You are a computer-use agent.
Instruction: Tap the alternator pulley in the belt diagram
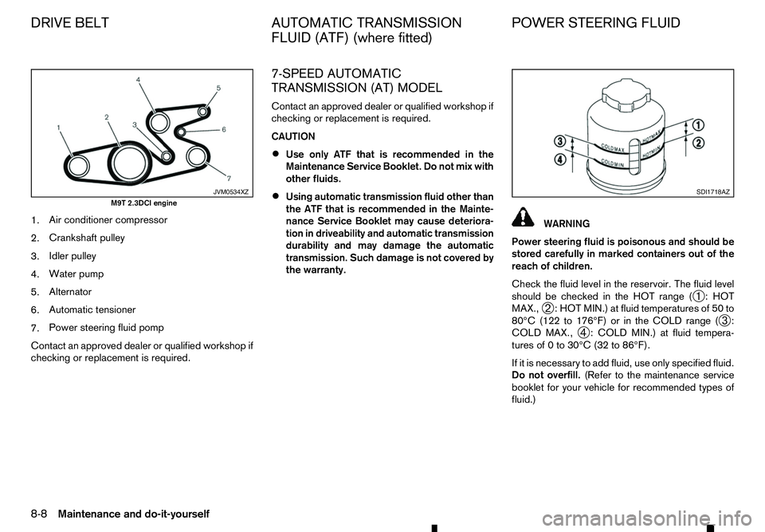(x=206, y=108)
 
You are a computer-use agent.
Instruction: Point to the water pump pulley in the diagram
(x=159, y=121)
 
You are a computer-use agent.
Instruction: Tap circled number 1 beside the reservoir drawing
(x=697, y=124)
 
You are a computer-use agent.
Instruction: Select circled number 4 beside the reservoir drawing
(x=560, y=159)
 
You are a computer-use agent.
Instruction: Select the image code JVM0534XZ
(x=230, y=191)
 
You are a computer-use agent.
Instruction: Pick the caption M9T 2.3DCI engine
(x=143, y=203)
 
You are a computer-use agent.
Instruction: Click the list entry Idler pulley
(x=72, y=256)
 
